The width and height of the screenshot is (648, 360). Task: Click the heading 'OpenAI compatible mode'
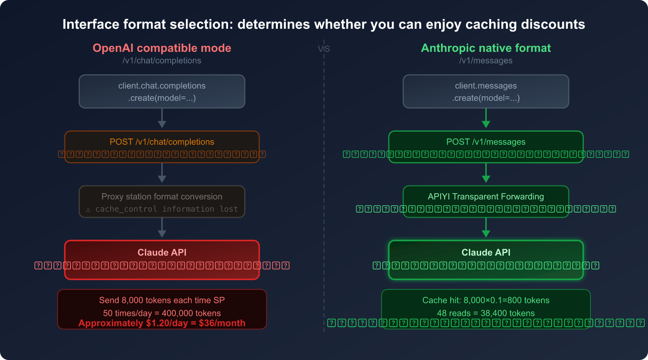pos(162,48)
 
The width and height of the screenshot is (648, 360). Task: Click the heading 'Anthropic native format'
pos(486,48)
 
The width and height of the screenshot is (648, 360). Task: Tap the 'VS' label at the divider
pos(324,49)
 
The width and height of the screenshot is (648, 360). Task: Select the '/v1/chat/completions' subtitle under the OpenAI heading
pos(162,61)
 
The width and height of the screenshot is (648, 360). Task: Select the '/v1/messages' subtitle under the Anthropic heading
pos(486,61)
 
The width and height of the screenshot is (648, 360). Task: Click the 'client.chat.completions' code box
pos(162,92)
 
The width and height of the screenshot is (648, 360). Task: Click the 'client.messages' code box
pos(486,92)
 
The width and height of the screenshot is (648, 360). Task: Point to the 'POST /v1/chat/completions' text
pos(162,142)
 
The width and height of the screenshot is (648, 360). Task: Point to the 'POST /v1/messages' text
pos(486,142)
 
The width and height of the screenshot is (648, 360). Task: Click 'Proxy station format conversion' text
pos(162,196)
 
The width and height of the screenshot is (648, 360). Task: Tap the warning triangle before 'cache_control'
pos(88,210)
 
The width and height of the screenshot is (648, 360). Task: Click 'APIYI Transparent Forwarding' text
pos(486,196)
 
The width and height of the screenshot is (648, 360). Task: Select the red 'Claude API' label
pos(162,252)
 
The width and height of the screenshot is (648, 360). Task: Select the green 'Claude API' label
pos(486,252)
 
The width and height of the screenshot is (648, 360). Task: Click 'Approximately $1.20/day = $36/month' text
pos(162,323)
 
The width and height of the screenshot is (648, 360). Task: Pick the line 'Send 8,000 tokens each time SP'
pos(162,300)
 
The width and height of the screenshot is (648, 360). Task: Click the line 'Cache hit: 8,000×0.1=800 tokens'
pos(486,300)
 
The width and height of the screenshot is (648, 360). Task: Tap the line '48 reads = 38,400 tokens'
pos(486,313)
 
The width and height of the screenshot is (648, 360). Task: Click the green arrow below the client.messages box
pos(486,119)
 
